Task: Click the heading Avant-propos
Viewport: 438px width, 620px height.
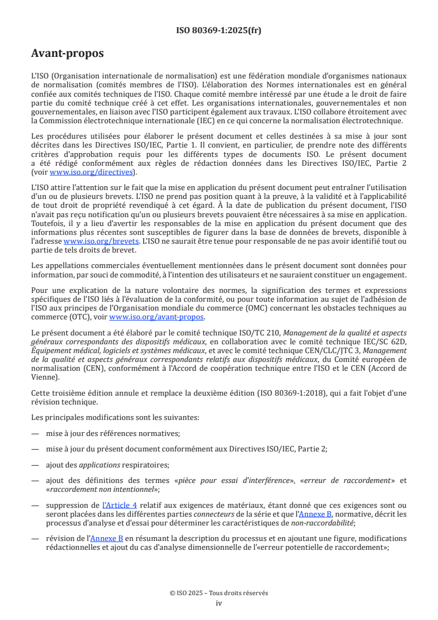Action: pos(67,54)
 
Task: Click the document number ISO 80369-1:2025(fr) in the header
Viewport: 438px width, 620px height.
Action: pos(219,30)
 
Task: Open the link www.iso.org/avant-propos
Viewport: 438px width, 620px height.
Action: pos(156,317)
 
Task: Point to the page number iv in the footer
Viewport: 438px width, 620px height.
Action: pos(219,603)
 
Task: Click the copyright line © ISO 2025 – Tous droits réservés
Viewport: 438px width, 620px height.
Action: pos(219,593)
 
